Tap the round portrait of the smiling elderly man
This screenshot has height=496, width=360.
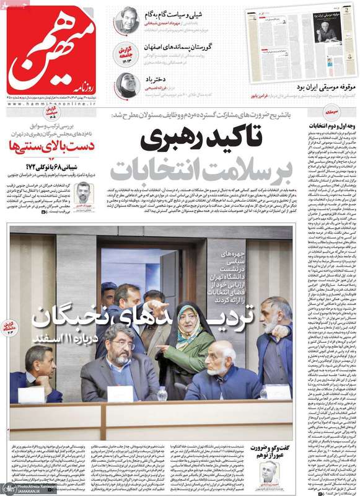127,20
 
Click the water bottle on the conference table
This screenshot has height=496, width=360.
162,393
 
